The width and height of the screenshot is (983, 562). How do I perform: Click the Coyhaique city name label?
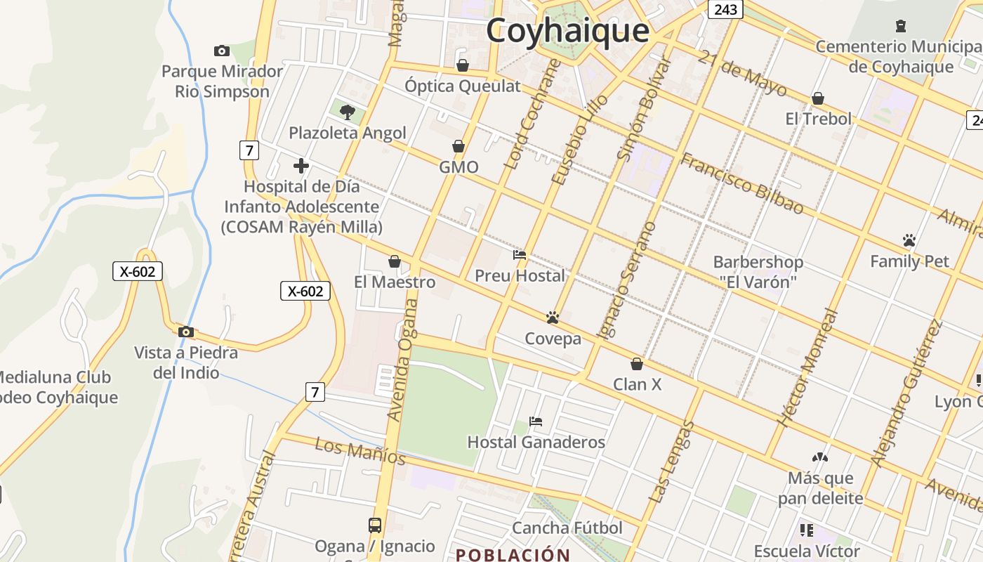pos(567,31)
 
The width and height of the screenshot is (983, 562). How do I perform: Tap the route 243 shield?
pos(725,9)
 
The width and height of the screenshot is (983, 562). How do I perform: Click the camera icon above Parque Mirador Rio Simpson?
pos(222,51)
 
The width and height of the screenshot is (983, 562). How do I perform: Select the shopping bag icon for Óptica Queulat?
pos(462,65)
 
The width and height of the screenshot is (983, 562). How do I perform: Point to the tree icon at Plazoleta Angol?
pos(347,112)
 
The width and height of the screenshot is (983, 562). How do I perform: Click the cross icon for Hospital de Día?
pos(301,166)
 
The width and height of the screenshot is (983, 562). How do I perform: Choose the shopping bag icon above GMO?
pos(458,146)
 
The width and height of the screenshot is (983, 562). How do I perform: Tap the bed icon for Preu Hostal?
pos(520,255)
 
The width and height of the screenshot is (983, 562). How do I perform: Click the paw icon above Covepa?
pos(553,318)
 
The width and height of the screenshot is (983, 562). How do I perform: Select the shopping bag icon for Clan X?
pos(637,364)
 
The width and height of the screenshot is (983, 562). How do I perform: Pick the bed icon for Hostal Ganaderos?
pos(536,421)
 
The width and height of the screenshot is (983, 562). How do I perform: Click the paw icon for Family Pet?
pos(909,240)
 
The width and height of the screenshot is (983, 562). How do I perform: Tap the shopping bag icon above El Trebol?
pos(818,98)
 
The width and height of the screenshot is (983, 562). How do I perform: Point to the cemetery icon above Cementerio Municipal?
pos(901,27)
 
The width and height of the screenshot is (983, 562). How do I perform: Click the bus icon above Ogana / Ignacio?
pos(375,525)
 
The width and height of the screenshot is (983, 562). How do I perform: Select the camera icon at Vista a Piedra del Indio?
pos(186,332)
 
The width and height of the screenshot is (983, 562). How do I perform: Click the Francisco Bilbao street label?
pos(742,183)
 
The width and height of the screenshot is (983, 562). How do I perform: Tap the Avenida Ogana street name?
pos(402,360)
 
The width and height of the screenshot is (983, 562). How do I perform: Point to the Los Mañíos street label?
pos(360,451)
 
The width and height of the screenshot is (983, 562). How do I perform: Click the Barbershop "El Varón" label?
pos(758,272)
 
